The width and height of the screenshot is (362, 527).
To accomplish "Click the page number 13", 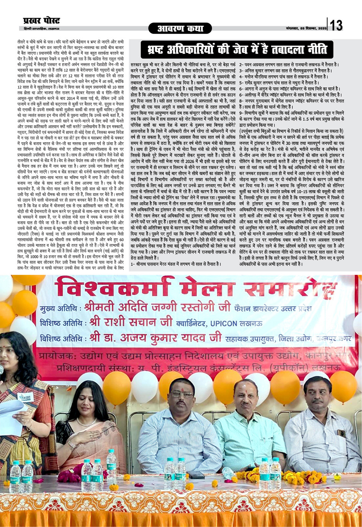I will click(336, 25).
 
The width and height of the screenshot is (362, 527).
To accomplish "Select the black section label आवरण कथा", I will click(181, 28).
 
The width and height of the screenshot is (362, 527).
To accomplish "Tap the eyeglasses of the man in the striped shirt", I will click(182, 394).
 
